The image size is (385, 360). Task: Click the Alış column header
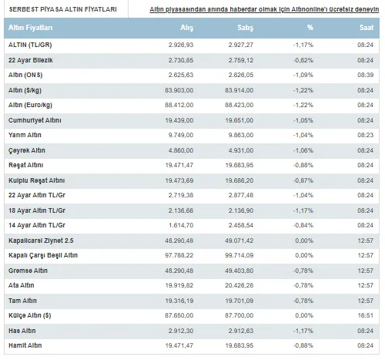pyautogui.click(x=187, y=28)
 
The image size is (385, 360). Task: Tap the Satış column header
pyautogui.click(x=245, y=28)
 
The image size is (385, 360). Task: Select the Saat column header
pyautogui.click(x=367, y=28)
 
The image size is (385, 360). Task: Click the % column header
pyautogui.click(x=310, y=28)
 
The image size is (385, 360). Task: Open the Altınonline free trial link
pyautogui.click(x=264, y=9)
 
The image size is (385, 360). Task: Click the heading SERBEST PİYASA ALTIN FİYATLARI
pyautogui.click(x=63, y=9)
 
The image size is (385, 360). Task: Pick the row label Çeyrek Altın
pyautogui.click(x=27, y=150)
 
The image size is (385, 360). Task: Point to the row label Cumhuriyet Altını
pyautogui.click(x=35, y=120)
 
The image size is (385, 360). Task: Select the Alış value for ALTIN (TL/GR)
pyautogui.click(x=181, y=45)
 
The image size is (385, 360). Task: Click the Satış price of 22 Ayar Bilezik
pyautogui.click(x=241, y=60)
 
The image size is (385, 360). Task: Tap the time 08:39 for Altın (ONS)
pyautogui.click(x=365, y=75)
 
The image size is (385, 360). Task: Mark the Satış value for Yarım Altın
pyautogui.click(x=241, y=135)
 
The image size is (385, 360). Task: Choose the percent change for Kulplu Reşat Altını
pyautogui.click(x=303, y=180)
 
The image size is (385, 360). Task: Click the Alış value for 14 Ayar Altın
pyautogui.click(x=181, y=225)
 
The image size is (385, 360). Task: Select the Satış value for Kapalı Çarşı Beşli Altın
pyautogui.click(x=239, y=255)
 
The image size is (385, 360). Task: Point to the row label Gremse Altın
pyautogui.click(x=28, y=271)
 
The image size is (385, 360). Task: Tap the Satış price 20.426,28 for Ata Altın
pyautogui.click(x=239, y=285)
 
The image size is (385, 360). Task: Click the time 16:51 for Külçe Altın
pyautogui.click(x=366, y=315)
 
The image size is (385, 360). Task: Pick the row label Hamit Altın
pyautogui.click(x=25, y=345)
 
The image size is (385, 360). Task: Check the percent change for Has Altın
pyautogui.click(x=303, y=331)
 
